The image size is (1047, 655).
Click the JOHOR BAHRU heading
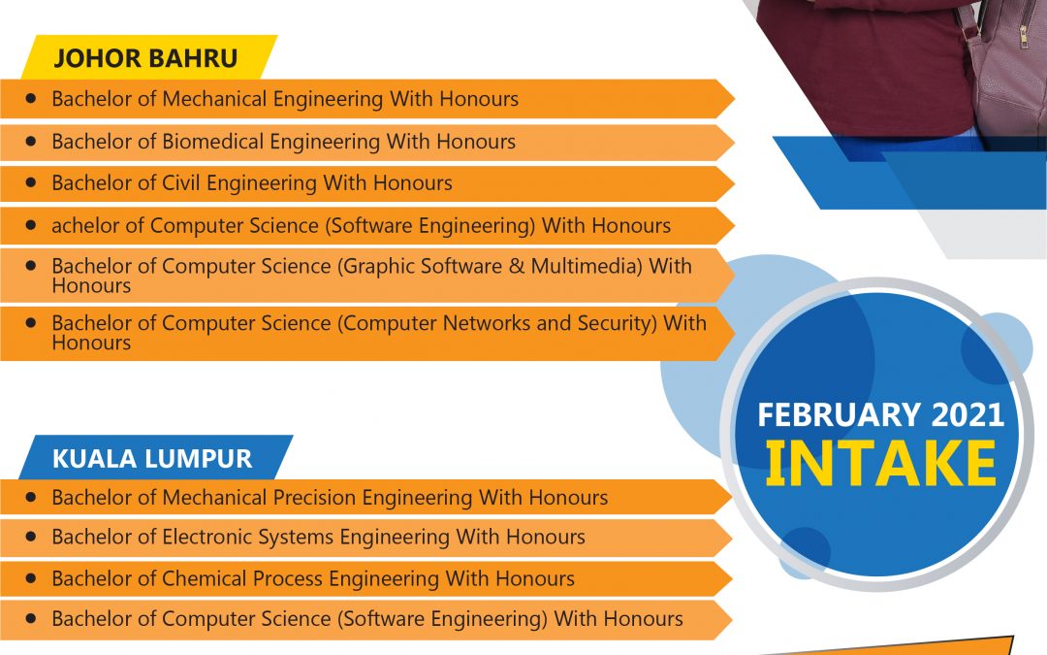(x=145, y=58)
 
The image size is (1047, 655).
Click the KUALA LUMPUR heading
(x=152, y=458)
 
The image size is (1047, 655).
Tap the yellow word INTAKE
(x=880, y=463)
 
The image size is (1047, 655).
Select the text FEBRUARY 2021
(x=880, y=415)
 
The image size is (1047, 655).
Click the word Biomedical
(x=213, y=142)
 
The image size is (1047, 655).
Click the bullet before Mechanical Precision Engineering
(x=30, y=497)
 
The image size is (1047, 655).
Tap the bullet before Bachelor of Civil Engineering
(x=30, y=181)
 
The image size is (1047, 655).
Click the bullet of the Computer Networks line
(x=30, y=322)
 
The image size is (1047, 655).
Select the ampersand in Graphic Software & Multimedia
(x=517, y=267)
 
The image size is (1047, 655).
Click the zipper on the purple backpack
(x=1024, y=30)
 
